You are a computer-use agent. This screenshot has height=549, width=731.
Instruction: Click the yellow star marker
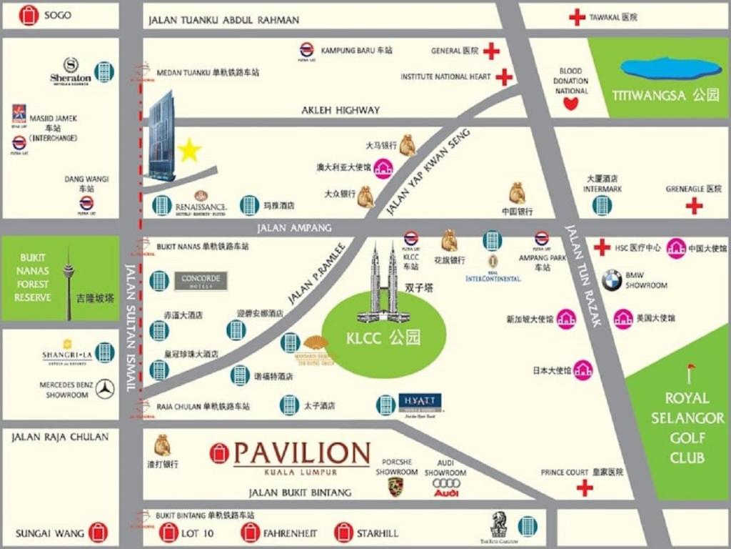tap(189, 150)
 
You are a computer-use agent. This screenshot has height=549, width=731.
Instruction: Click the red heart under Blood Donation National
tap(570, 104)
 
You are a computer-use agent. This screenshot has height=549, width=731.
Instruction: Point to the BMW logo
tap(611, 280)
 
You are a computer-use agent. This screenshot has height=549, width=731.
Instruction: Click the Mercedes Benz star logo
tap(106, 389)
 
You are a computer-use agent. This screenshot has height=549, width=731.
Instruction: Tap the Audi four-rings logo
tap(446, 484)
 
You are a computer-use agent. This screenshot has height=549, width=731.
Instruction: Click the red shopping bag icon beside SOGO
tap(29, 15)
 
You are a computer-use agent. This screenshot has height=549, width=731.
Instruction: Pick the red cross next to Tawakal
tap(577, 17)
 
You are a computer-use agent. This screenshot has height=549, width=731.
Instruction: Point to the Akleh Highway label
tap(341, 110)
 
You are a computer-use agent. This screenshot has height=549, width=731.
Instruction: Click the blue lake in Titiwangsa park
tap(671, 69)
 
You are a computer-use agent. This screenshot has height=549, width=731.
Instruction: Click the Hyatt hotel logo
tap(420, 402)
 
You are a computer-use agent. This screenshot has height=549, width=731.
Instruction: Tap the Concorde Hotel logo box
tap(201, 280)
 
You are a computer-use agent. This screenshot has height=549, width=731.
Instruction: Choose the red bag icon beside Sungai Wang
tap(98, 533)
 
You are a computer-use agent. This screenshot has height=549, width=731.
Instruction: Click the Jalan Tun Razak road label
tap(584, 275)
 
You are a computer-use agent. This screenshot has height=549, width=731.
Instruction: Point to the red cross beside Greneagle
tap(694, 206)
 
